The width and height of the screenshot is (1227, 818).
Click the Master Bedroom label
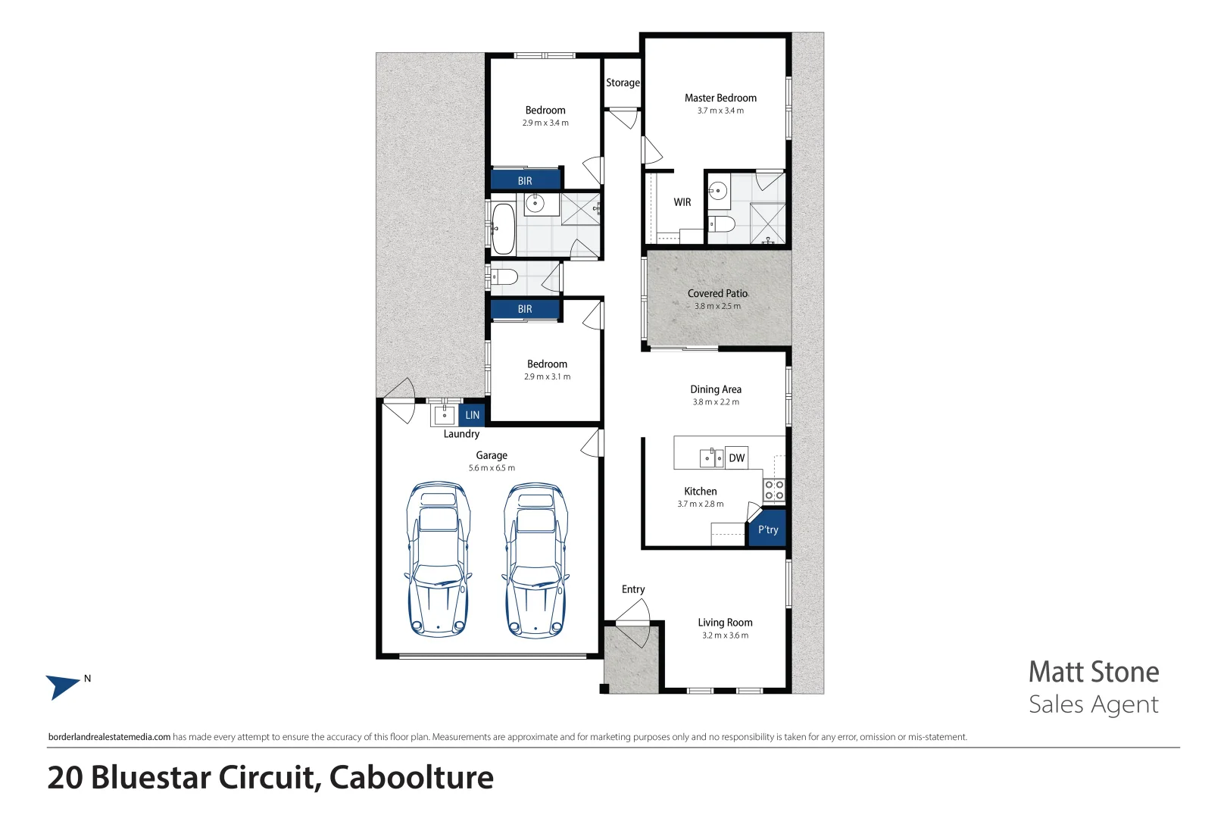click(720, 98)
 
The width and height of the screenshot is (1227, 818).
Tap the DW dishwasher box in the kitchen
click(737, 457)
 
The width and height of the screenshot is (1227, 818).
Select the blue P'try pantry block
click(768, 530)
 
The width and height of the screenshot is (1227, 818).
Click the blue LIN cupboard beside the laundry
click(472, 415)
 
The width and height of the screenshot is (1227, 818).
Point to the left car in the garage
click(438, 559)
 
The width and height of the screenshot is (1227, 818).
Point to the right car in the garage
click(535, 559)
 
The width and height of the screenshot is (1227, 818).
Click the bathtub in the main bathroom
click(502, 227)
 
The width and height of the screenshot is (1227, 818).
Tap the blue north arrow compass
click(62, 686)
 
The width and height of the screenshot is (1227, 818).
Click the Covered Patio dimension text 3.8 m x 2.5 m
click(717, 306)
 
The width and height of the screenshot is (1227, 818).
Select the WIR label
click(682, 202)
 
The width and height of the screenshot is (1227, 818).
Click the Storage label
click(623, 83)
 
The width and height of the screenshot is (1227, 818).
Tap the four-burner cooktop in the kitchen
click(773, 490)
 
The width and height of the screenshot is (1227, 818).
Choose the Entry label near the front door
click(633, 589)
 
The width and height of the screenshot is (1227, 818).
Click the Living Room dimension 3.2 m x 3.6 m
click(725, 635)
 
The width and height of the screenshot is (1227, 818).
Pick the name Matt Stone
click(1093, 672)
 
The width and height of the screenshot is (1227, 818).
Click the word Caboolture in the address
click(411, 778)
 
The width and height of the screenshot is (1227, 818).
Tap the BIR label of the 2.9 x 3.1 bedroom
click(525, 309)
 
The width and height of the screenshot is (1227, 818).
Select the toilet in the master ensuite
click(722, 223)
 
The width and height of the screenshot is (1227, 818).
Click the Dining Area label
click(716, 389)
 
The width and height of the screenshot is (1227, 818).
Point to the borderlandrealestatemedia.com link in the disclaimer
click(109, 737)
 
